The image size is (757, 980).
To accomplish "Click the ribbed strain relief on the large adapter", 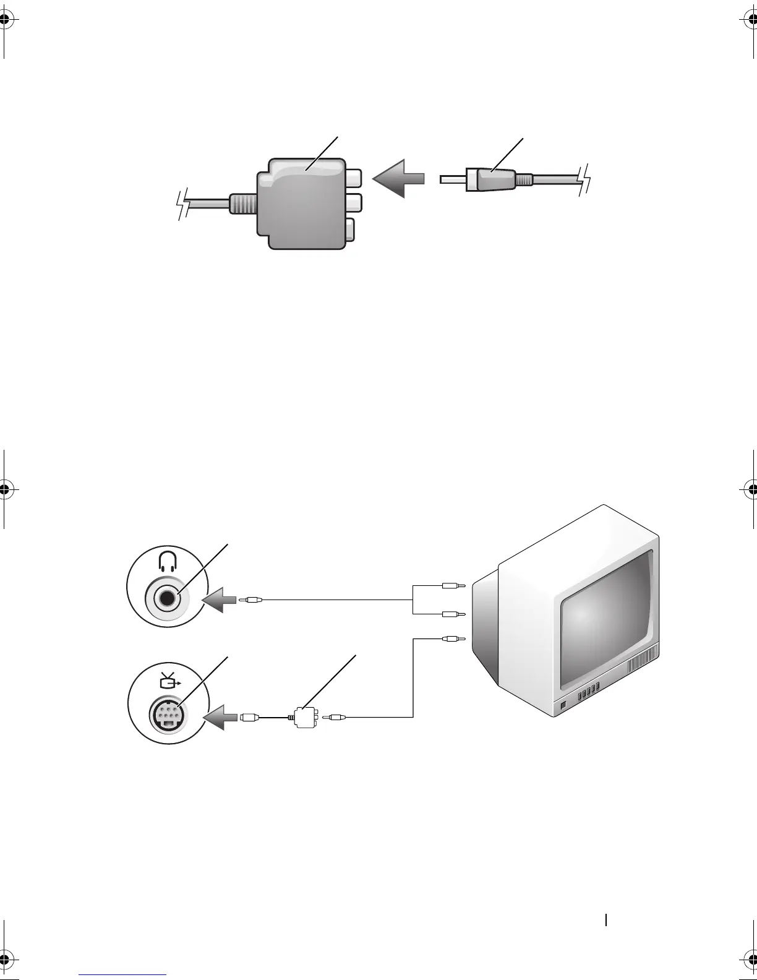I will [241, 204].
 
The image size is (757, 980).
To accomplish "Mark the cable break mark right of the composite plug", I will [584, 180].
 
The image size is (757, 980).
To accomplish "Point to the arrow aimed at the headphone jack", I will [219, 600].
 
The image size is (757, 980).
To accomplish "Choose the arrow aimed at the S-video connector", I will [220, 717].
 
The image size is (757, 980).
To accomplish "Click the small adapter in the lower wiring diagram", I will [305, 718].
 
